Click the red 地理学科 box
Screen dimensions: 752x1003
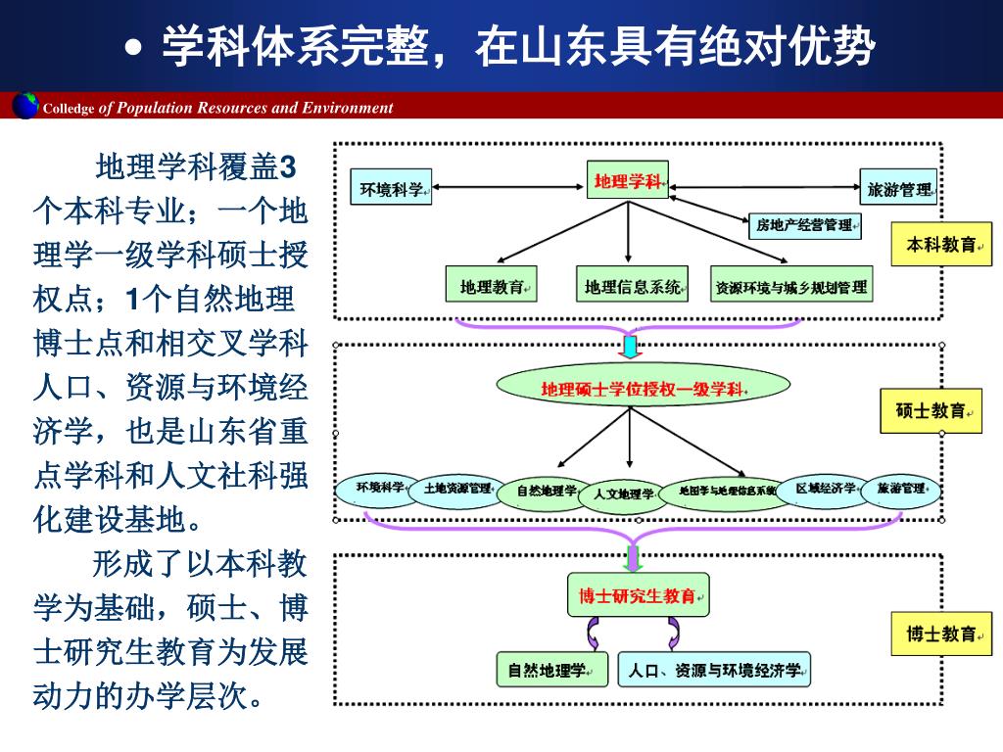(x=628, y=181)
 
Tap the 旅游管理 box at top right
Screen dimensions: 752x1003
(x=898, y=188)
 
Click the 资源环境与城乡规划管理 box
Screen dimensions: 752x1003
(x=791, y=287)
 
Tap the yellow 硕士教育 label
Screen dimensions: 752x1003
(x=931, y=411)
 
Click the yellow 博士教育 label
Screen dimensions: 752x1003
(x=941, y=634)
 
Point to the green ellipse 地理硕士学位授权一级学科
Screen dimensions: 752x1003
(x=643, y=389)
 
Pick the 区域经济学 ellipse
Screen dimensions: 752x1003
(x=826, y=488)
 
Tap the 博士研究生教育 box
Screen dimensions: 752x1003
(x=638, y=595)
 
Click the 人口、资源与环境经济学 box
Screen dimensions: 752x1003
(x=714, y=671)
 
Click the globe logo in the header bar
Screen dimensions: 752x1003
(x=24, y=105)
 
